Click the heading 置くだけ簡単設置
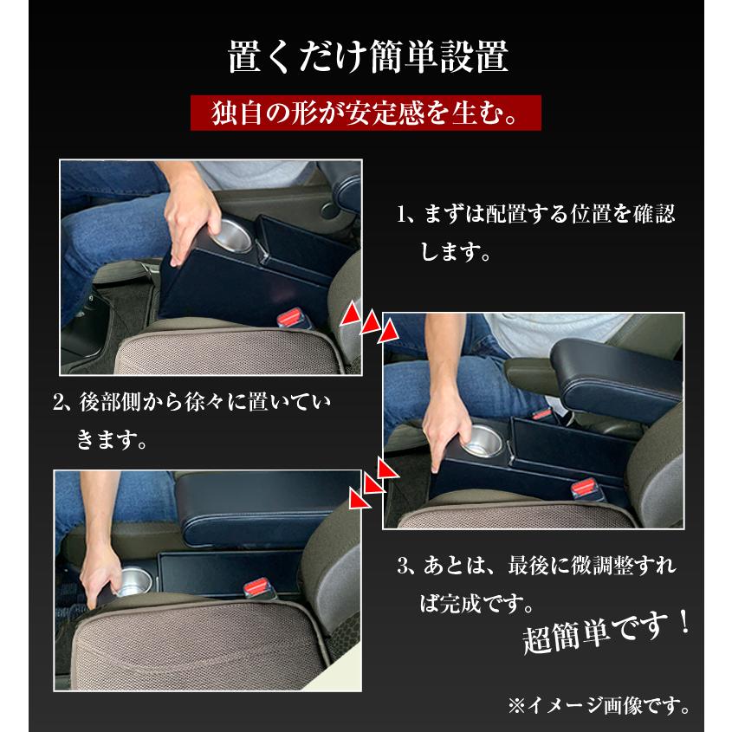point(366,58)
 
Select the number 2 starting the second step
point(60,404)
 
